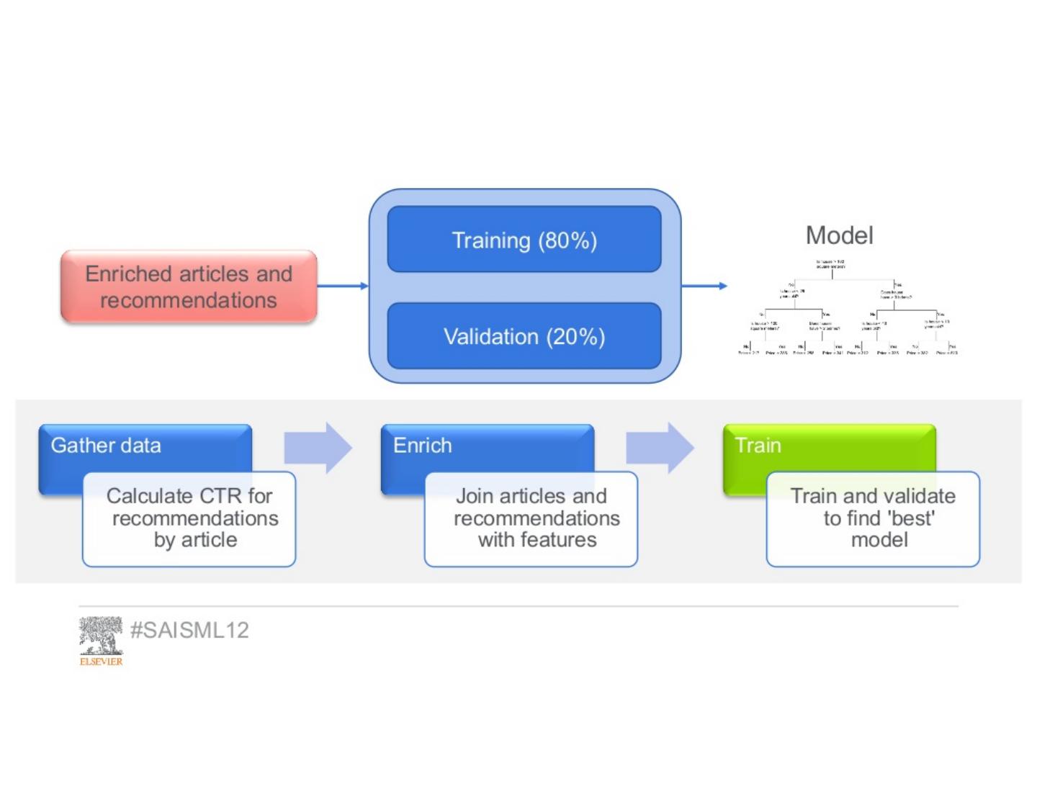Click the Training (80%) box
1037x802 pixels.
tap(524, 240)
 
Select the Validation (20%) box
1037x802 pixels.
tap(524, 336)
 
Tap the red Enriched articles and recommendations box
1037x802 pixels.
tap(189, 287)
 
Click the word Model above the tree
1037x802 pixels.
tap(839, 235)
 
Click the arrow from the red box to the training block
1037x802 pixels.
tap(343, 286)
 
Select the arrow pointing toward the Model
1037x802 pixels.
tap(704, 286)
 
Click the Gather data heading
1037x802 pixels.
tap(106, 446)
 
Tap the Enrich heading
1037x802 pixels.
tap(423, 446)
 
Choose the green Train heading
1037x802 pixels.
tap(758, 446)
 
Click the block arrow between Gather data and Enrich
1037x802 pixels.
tap(318, 448)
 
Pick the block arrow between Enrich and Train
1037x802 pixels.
tap(660, 448)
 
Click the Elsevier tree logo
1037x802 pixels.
tap(101, 635)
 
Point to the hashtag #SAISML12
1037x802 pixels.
tap(189, 630)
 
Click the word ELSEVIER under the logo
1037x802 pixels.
tap(101, 661)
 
